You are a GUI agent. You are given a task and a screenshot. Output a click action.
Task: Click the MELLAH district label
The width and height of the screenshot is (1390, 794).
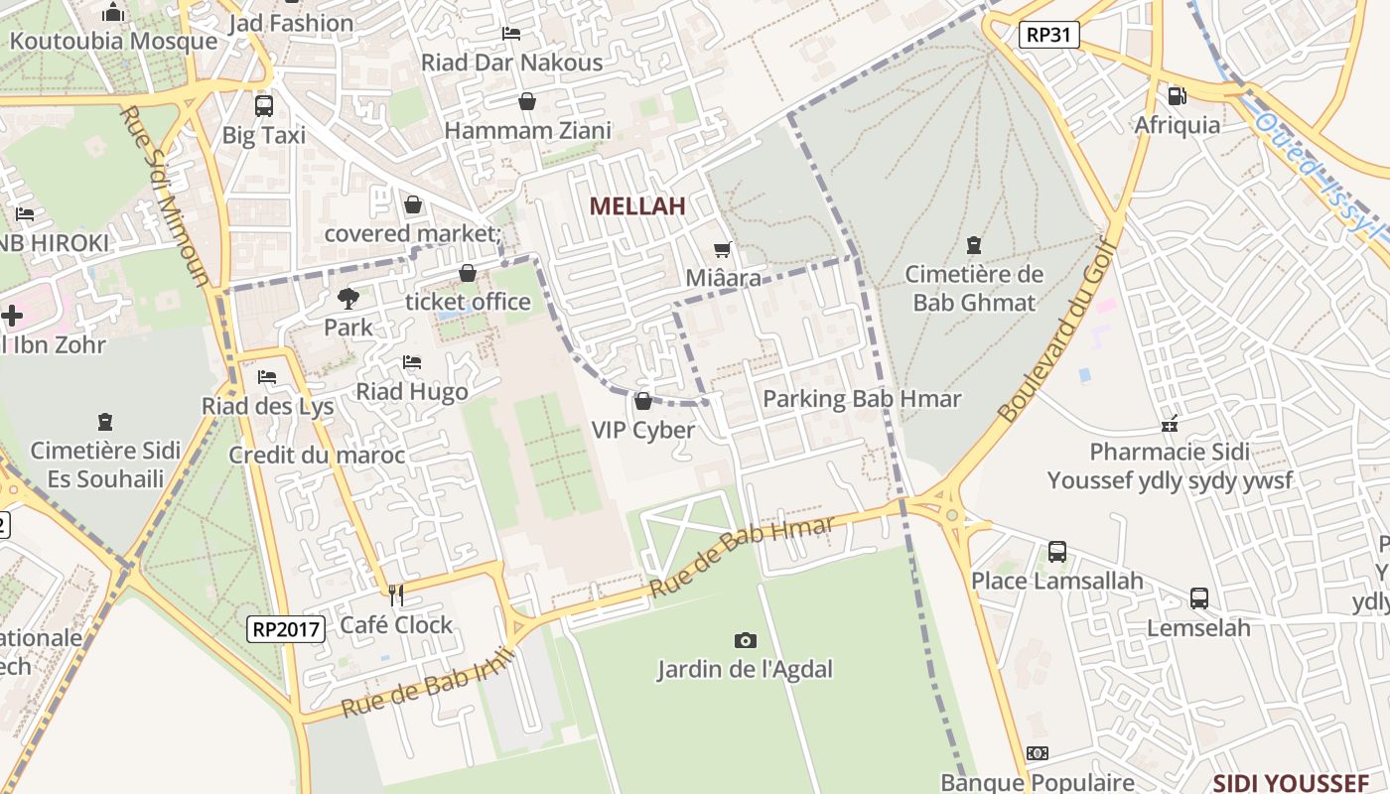tap(637, 206)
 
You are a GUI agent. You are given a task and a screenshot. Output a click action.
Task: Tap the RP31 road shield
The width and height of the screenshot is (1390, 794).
tap(1048, 35)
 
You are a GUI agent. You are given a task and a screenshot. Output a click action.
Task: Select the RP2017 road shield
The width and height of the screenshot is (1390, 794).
tap(286, 628)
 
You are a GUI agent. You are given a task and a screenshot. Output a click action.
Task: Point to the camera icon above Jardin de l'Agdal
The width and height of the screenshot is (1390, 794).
tap(745, 640)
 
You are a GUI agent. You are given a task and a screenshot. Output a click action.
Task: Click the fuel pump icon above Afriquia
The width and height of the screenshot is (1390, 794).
tap(1177, 96)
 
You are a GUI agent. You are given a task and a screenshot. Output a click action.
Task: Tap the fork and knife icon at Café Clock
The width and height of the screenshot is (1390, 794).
tap(396, 595)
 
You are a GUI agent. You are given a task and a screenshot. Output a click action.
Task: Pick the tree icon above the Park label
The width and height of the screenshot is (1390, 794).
tap(347, 297)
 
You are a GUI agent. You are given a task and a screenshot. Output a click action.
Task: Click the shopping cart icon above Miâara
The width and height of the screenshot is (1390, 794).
tap(723, 250)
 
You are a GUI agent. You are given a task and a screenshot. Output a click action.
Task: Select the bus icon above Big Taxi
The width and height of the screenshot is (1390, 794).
tap(263, 105)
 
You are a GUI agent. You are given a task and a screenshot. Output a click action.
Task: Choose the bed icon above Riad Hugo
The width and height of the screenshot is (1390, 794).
tap(412, 363)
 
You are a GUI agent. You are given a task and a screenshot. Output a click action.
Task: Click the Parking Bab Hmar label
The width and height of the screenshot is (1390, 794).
tap(862, 399)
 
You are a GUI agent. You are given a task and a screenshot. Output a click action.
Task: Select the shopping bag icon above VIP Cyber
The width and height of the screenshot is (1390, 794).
tap(642, 401)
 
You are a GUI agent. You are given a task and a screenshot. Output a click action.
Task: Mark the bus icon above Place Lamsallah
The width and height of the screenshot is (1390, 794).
tap(1056, 551)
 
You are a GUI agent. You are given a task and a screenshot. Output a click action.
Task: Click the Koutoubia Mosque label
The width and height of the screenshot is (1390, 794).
tap(113, 41)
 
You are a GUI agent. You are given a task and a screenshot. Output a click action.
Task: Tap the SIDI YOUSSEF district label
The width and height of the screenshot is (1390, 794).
tap(1291, 783)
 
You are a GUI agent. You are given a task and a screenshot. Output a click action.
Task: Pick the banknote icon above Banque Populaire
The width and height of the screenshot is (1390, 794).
tap(1037, 754)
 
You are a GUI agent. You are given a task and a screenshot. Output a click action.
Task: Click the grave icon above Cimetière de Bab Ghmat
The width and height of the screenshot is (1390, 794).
tap(973, 244)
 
